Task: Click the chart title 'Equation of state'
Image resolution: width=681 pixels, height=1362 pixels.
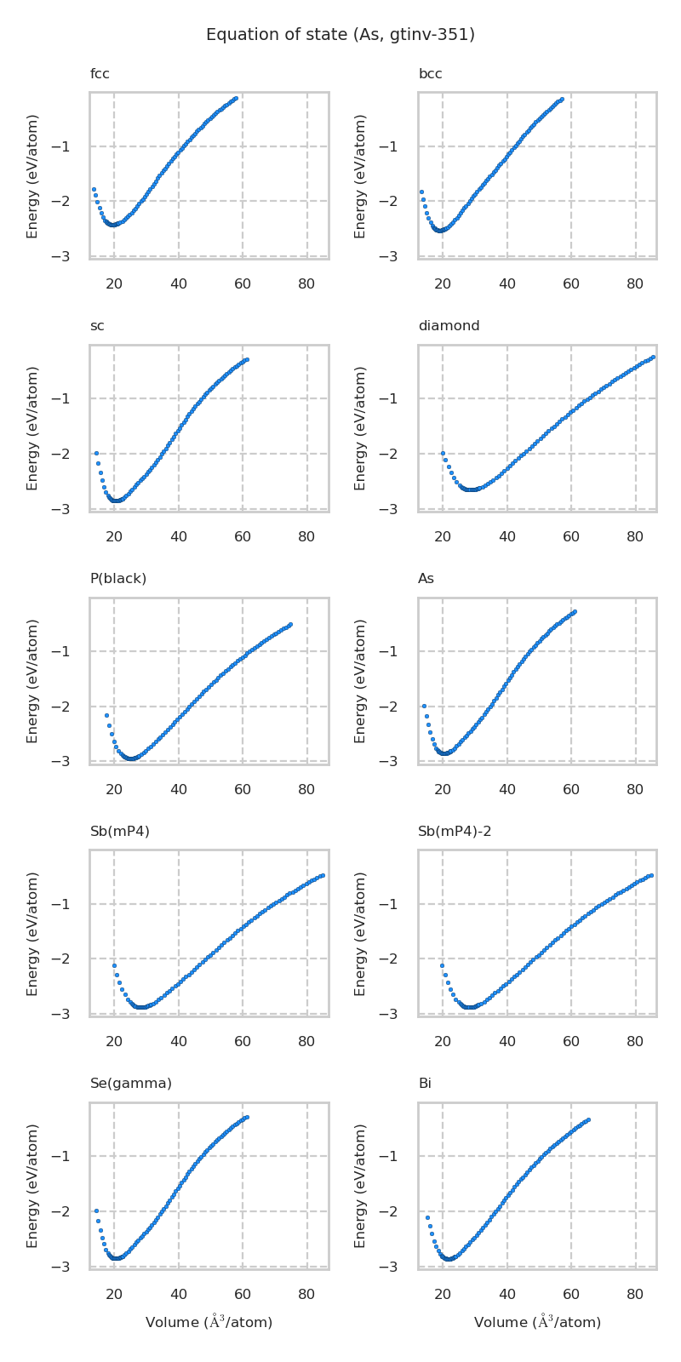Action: point(340,35)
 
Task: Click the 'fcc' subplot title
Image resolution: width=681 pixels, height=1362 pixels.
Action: point(100,74)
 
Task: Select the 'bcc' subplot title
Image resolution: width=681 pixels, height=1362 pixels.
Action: point(430,74)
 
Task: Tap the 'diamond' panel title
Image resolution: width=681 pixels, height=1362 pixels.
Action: point(449,326)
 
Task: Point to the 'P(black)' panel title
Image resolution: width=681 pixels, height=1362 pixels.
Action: point(118,579)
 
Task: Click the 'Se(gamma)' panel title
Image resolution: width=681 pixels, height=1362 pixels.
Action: point(131,1084)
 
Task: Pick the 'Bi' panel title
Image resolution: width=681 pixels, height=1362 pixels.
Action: point(425,1084)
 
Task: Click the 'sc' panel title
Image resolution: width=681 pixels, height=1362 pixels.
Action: point(98,326)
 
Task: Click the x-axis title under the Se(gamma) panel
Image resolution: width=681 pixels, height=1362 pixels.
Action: point(209,1322)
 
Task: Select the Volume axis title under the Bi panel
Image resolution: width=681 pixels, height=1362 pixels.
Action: point(537,1322)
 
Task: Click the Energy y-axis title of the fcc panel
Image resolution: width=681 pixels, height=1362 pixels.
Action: point(33,175)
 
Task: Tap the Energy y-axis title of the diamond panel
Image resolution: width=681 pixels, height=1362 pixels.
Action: point(361,427)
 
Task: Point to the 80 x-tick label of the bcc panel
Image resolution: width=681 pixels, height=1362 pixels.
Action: point(635,285)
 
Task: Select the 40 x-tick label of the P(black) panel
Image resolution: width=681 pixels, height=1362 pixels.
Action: point(179,790)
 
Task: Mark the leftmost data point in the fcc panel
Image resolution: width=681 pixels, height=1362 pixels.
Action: point(94,189)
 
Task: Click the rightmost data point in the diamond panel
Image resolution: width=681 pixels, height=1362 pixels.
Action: point(653,357)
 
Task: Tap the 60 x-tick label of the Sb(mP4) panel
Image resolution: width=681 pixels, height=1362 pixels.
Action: point(243,1042)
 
